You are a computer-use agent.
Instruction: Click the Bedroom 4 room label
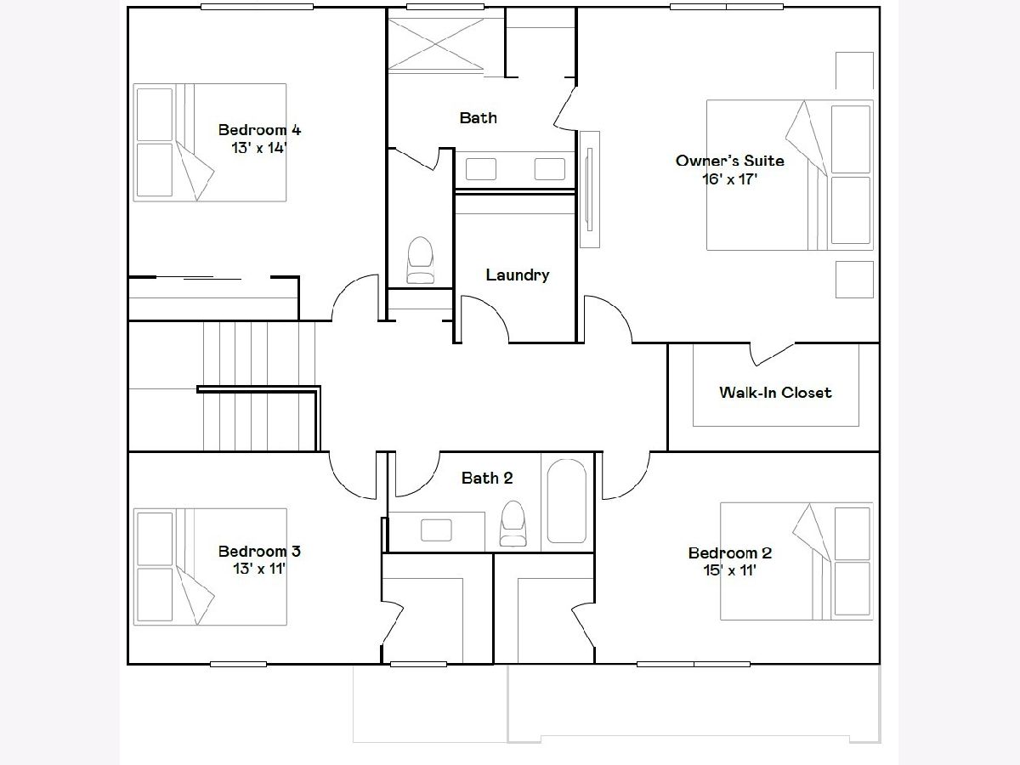click(259, 130)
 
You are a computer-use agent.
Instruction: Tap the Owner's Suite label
click(729, 161)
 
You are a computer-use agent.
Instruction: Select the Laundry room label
click(517, 275)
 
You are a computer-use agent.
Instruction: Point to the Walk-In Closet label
click(775, 393)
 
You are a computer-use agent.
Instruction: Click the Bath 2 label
click(487, 478)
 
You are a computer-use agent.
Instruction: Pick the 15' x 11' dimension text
click(729, 569)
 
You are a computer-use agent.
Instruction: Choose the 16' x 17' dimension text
click(729, 178)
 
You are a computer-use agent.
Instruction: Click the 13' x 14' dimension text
click(259, 148)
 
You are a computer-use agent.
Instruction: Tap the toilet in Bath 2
click(513, 523)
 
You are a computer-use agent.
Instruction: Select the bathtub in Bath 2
click(566, 501)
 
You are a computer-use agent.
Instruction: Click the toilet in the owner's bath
click(420, 259)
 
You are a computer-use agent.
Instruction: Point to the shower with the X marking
click(435, 44)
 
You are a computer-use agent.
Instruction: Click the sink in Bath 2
click(436, 530)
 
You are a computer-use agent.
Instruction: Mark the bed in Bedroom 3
click(210, 567)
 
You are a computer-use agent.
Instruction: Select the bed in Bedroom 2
click(796, 561)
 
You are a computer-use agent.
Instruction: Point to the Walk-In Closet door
click(772, 354)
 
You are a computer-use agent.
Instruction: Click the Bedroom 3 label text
click(259, 552)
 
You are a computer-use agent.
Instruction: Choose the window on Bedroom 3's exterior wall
click(238, 664)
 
